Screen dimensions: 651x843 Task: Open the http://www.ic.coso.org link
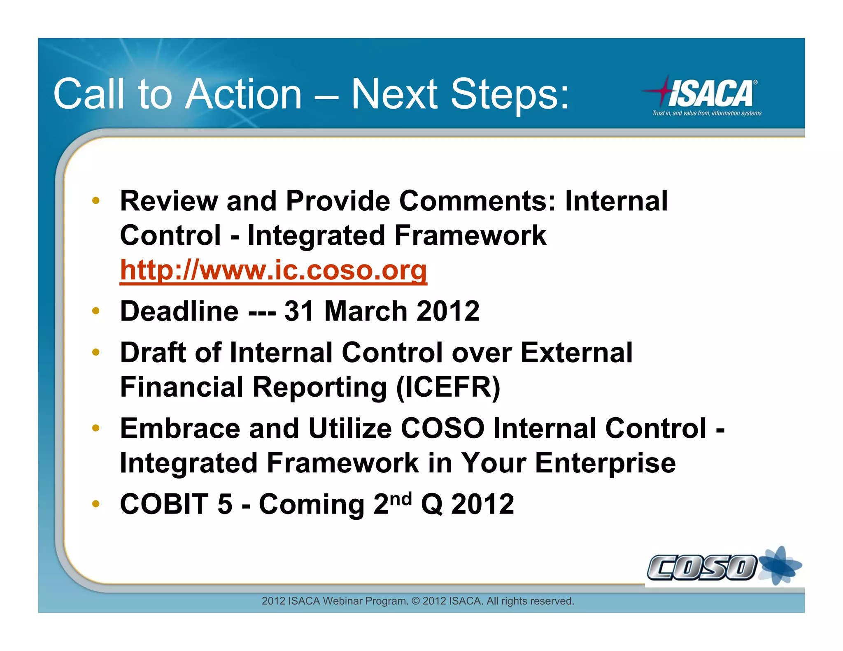tap(273, 270)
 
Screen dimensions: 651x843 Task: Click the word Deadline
tap(179, 311)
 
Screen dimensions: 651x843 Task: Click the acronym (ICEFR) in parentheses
tap(448, 388)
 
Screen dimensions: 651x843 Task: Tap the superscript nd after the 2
tap(401, 499)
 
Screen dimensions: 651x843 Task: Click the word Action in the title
tap(244, 94)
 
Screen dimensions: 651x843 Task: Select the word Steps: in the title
tap(510, 94)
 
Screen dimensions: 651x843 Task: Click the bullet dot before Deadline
tap(96, 311)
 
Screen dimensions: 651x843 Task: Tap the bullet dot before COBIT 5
tap(96, 504)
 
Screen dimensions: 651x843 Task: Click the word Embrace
tap(180, 428)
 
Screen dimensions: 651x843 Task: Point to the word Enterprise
tap(605, 463)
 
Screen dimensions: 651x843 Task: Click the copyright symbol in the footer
tap(416, 601)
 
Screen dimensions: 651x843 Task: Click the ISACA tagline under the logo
tap(707, 113)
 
